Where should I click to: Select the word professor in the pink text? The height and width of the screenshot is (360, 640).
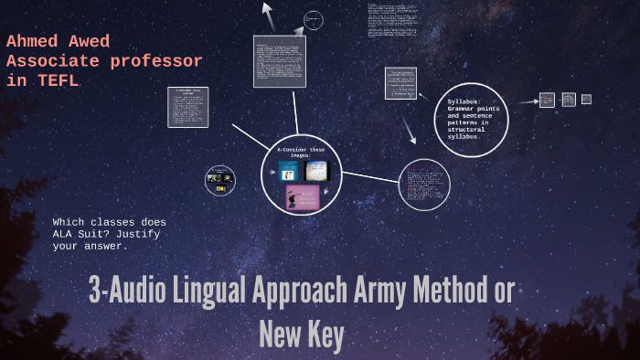tap(154, 61)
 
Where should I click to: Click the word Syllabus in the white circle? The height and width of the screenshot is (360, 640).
tap(464, 101)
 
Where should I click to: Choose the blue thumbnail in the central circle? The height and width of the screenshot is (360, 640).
tap(289, 171)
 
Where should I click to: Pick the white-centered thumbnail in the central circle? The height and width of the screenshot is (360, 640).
tap(316, 171)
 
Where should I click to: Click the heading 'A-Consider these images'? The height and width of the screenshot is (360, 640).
tap(301, 152)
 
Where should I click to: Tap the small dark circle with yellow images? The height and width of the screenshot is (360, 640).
tap(220, 180)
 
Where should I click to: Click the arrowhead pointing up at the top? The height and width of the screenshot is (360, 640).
tap(267, 9)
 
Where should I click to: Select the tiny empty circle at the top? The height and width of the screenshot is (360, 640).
tap(313, 20)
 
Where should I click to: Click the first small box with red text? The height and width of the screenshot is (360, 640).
tap(547, 100)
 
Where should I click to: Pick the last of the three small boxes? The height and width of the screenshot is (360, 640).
tap(586, 99)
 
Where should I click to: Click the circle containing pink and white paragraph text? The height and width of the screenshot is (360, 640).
tap(425, 185)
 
